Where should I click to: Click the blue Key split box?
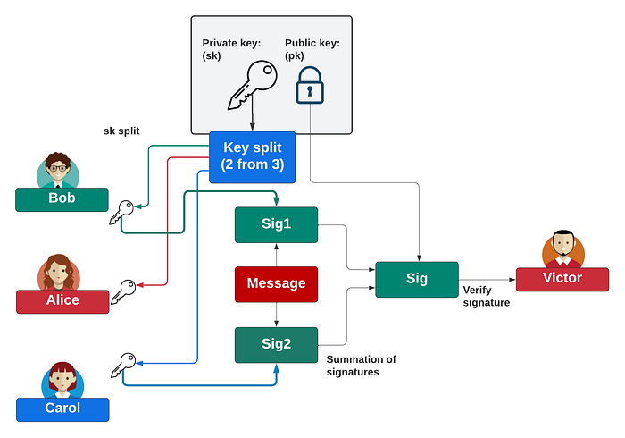252,156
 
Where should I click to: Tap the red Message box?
276,283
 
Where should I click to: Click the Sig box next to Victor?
416,279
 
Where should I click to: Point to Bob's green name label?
62,198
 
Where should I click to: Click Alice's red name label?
62,300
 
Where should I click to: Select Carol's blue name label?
62,409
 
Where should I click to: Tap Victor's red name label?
562,278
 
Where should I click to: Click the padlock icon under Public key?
310,85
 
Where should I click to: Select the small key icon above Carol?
121,364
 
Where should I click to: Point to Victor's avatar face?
562,246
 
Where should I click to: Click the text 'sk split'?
121,131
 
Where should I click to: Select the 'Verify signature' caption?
486,297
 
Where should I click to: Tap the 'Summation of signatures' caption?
361,366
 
